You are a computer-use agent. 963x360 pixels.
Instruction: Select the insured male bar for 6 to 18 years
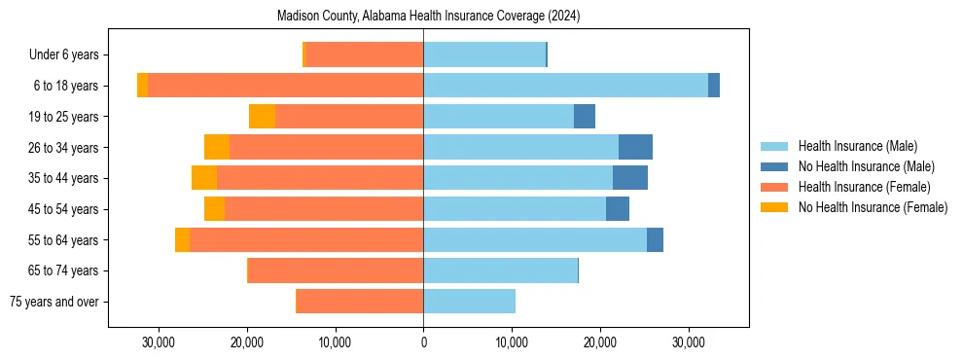click(x=565, y=86)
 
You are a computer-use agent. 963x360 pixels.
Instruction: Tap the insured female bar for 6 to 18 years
click(x=285, y=86)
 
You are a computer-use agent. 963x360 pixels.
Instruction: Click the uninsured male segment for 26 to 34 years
click(x=635, y=147)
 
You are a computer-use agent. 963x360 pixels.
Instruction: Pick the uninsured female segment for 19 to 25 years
click(x=262, y=117)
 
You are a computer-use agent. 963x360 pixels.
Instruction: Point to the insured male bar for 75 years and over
click(x=469, y=302)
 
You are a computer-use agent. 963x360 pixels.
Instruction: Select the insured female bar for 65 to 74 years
click(x=336, y=270)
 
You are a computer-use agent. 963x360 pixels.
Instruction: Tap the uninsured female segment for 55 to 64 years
click(x=182, y=239)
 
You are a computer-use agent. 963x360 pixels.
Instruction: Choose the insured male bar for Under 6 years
click(x=484, y=54)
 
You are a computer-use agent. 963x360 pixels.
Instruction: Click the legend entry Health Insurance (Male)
click(x=857, y=146)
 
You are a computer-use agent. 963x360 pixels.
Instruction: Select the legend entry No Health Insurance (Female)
click(x=873, y=207)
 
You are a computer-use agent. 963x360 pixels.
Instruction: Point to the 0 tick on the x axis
click(x=423, y=342)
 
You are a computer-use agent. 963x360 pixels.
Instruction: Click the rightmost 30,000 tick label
click(x=689, y=342)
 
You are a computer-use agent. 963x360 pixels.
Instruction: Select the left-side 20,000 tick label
click(x=246, y=342)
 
